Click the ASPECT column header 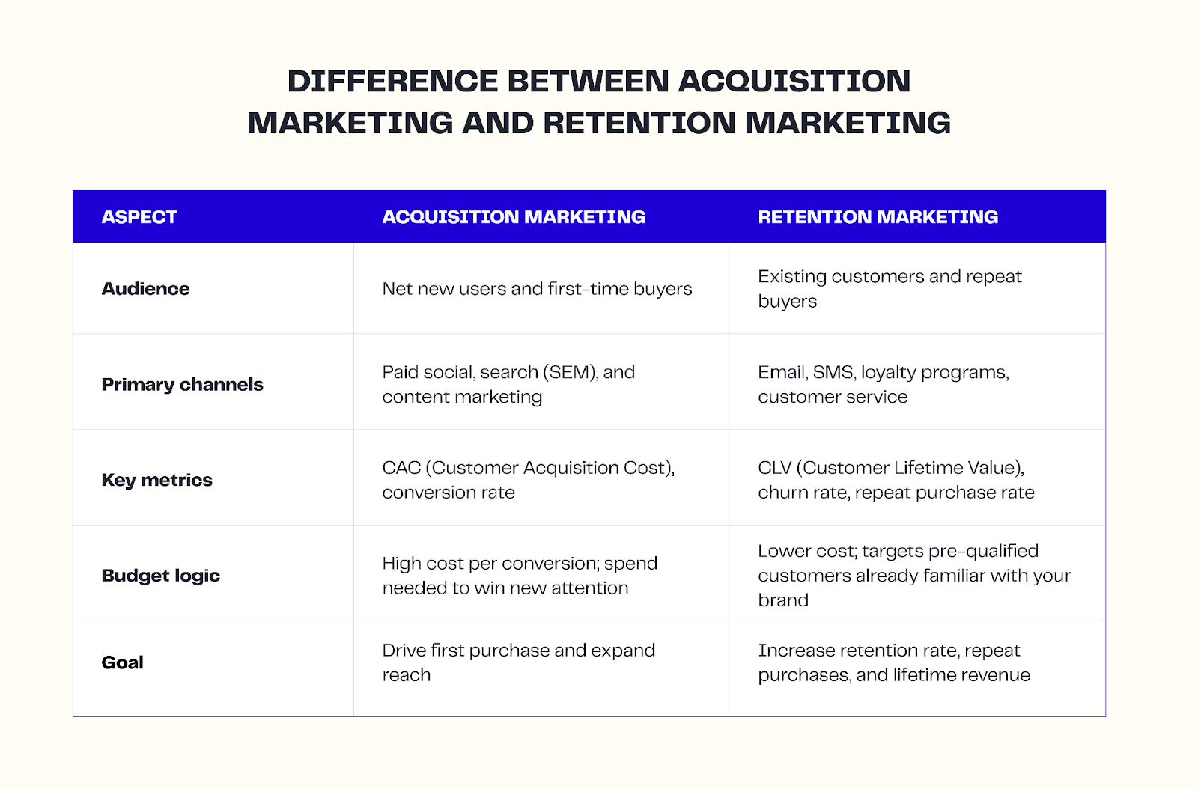point(139,217)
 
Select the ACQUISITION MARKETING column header point(514,217)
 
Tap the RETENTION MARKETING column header point(878,217)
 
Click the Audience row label point(145,289)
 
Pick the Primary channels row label point(182,385)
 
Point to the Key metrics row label point(156,480)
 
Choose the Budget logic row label point(160,576)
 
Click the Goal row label point(122,662)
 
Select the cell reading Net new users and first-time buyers point(537,289)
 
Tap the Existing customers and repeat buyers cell point(890,289)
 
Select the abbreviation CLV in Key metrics point(774,468)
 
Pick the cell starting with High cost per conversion point(520,576)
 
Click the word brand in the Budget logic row point(783,600)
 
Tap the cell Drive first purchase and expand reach point(518,662)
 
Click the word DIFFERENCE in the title point(392,81)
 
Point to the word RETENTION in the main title point(639,123)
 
